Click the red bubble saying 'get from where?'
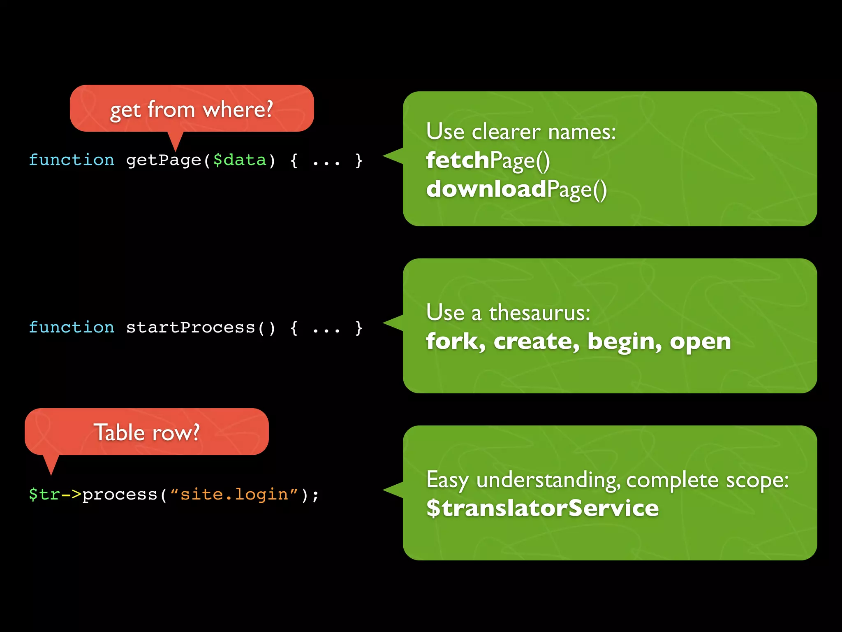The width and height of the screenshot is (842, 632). coord(192,109)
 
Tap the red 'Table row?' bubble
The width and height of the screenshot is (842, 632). coord(146,432)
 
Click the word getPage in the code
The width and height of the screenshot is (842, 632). coord(163,160)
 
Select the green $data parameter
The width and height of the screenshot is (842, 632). coord(240,160)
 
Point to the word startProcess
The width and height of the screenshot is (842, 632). coord(190,328)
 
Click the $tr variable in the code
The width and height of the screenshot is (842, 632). coord(44,495)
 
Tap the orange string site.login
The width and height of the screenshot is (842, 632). coord(234,495)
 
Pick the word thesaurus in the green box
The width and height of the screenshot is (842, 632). coord(539,313)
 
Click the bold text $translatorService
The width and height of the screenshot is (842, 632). coord(542,508)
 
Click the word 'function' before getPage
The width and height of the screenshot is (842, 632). coord(72,160)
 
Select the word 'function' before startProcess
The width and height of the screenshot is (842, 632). coord(72,328)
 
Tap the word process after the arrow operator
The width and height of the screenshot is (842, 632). coord(120,495)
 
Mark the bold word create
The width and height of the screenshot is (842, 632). coord(536,342)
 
